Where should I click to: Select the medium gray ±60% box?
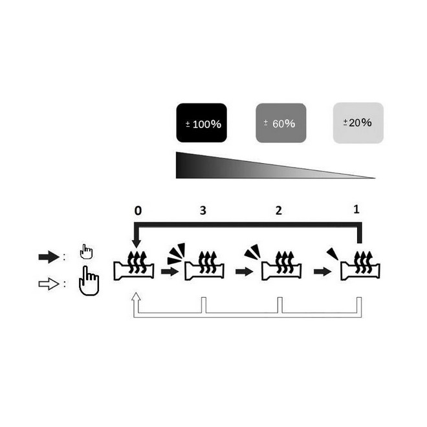pyautogui.click(x=281, y=123)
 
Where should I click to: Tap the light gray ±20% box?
pyautogui.click(x=357, y=122)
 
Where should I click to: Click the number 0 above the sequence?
pyautogui.click(x=137, y=211)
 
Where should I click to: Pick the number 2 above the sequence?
pyautogui.click(x=278, y=211)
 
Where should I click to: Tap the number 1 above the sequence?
pyautogui.click(x=356, y=210)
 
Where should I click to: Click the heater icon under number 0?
pyautogui.click(x=135, y=268)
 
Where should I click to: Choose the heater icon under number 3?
pyautogui.click(x=205, y=268)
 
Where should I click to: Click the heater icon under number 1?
pyautogui.click(x=360, y=268)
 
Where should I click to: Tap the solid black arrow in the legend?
pyautogui.click(x=49, y=257)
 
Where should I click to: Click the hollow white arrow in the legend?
pyautogui.click(x=49, y=285)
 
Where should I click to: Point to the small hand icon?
pyautogui.click(x=86, y=252)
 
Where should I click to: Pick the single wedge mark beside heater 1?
pyautogui.click(x=332, y=252)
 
